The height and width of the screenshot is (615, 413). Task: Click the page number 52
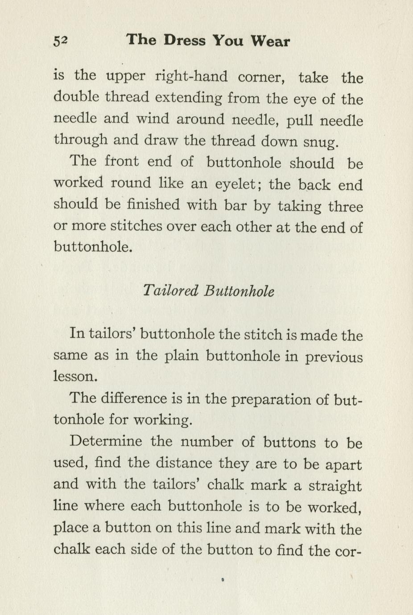(x=60, y=41)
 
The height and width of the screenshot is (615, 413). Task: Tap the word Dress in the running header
(x=184, y=41)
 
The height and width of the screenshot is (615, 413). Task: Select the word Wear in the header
(x=270, y=41)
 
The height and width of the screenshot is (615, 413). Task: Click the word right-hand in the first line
(x=191, y=77)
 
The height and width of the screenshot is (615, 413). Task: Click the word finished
(x=153, y=205)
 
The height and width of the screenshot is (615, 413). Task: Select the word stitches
(x=136, y=226)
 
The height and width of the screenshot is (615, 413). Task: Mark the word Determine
(x=106, y=442)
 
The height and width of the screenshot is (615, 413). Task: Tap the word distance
(x=184, y=463)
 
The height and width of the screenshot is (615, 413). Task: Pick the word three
(x=345, y=206)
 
